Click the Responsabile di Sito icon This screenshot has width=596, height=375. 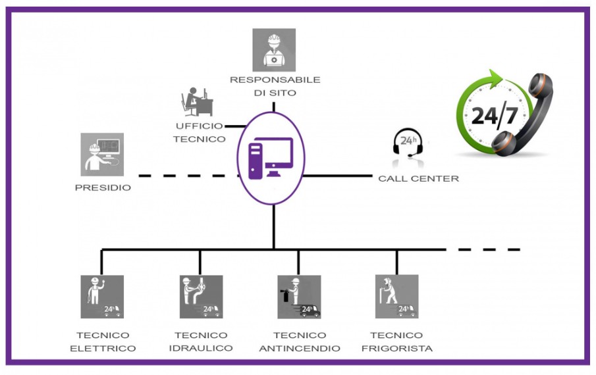(x=274, y=50)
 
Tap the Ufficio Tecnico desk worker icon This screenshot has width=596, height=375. (x=196, y=102)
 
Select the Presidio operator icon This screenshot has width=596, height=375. (x=102, y=155)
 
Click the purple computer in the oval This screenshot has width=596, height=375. (x=271, y=158)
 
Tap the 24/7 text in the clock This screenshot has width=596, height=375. (x=494, y=114)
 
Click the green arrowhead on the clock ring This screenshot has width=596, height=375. (x=495, y=78)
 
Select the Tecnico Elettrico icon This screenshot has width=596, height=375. (x=102, y=297)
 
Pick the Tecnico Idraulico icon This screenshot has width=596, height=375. (x=201, y=297)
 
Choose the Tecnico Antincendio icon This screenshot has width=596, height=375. (x=299, y=297)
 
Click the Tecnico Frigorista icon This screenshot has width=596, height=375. (x=397, y=297)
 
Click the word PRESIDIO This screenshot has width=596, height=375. (x=103, y=187)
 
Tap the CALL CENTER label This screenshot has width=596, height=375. (x=418, y=178)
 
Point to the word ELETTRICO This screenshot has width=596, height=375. (x=103, y=348)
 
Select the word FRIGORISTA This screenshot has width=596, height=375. (x=397, y=348)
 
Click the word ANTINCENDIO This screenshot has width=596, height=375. (x=300, y=348)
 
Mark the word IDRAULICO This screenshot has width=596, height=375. (x=201, y=348)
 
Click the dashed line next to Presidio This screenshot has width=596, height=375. (x=189, y=176)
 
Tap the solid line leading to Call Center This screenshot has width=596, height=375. (x=338, y=176)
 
